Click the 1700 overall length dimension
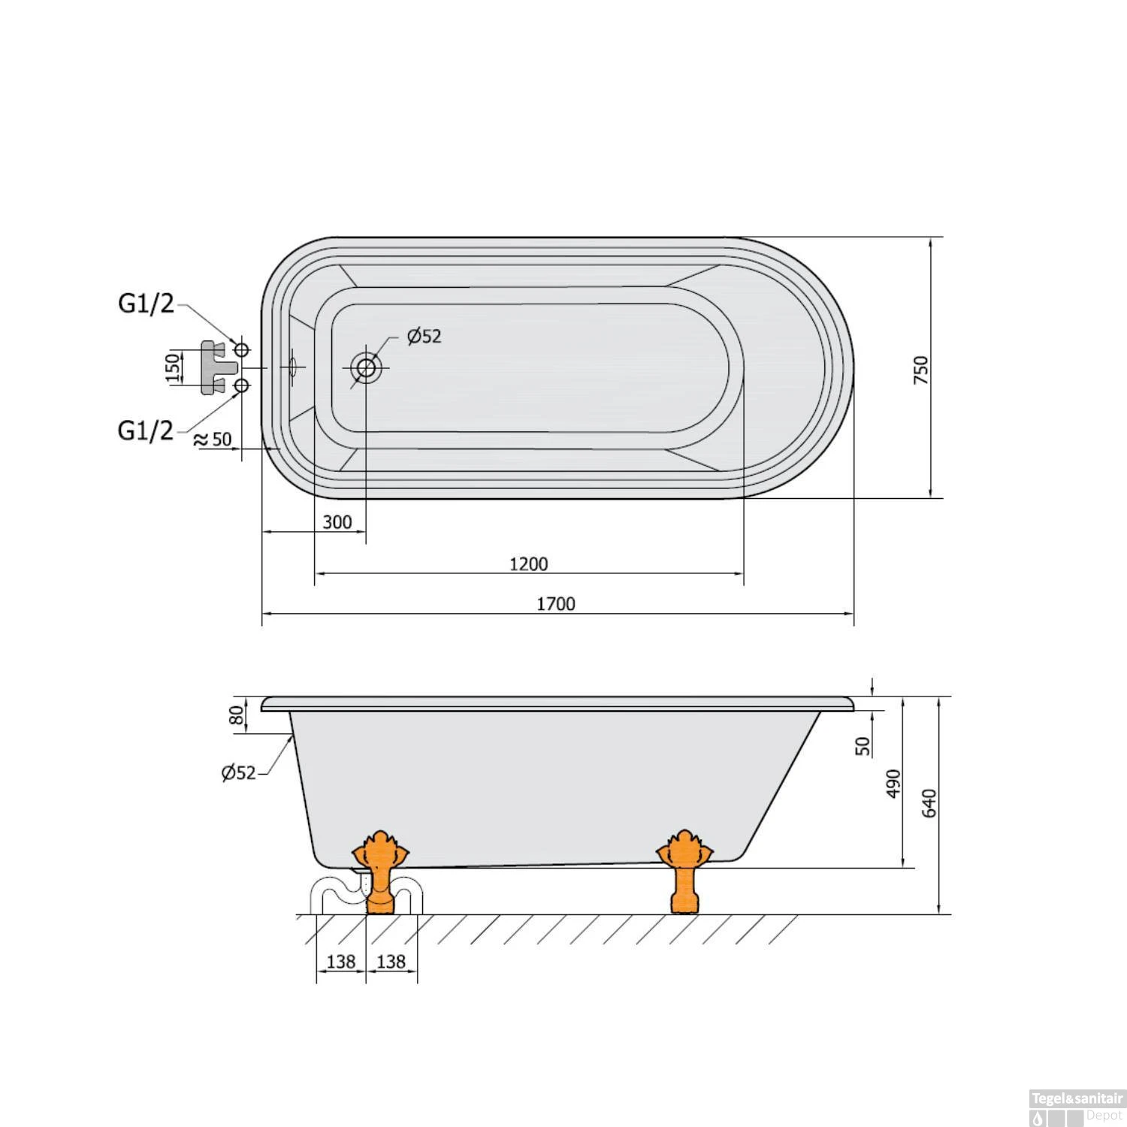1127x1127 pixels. (557, 603)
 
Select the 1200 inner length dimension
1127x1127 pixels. (529, 563)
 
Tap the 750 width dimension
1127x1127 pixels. (921, 370)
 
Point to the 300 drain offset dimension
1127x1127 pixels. (337, 521)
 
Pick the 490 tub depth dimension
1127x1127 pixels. (893, 784)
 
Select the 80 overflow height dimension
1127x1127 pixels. (237, 715)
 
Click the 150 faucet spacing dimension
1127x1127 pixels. (174, 368)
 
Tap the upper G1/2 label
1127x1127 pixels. (146, 304)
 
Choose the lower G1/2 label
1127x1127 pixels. (146, 431)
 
